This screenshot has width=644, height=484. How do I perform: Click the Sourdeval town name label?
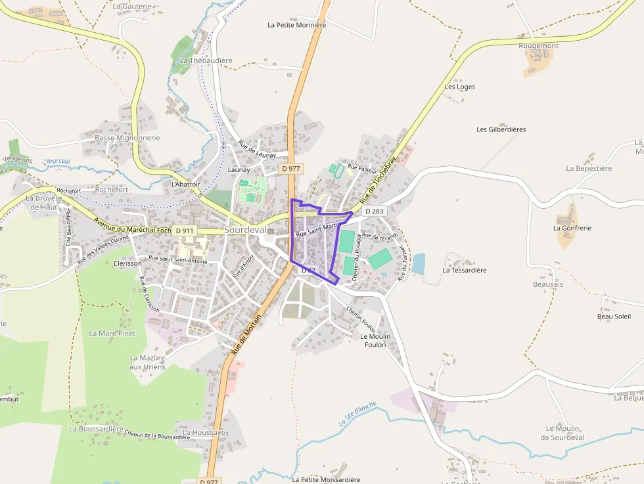click(245, 230)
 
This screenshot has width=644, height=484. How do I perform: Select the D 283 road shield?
click(373, 211)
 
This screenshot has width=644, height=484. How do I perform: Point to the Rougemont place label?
click(538, 45)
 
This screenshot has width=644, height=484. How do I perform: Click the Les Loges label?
click(460, 87)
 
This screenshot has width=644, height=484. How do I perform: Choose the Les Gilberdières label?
click(501, 129)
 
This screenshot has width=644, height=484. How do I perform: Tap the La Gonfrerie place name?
click(572, 229)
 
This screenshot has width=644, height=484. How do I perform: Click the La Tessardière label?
click(465, 270)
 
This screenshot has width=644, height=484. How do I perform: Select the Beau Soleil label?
click(614, 317)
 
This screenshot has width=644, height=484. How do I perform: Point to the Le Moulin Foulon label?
click(375, 340)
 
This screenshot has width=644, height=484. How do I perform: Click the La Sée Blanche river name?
click(358, 414)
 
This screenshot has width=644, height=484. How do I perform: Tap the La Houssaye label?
click(204, 433)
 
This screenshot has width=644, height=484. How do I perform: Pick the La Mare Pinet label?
click(112, 334)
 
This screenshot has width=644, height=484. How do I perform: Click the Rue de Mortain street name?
click(246, 334)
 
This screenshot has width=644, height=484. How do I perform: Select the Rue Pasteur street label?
click(362, 169)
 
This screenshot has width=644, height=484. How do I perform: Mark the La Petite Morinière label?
click(296, 25)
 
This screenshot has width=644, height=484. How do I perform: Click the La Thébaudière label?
click(206, 60)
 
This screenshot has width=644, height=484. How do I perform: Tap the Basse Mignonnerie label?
click(127, 138)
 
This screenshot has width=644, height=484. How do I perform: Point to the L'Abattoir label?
click(185, 185)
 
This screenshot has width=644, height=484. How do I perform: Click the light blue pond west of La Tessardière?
click(418, 263)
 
